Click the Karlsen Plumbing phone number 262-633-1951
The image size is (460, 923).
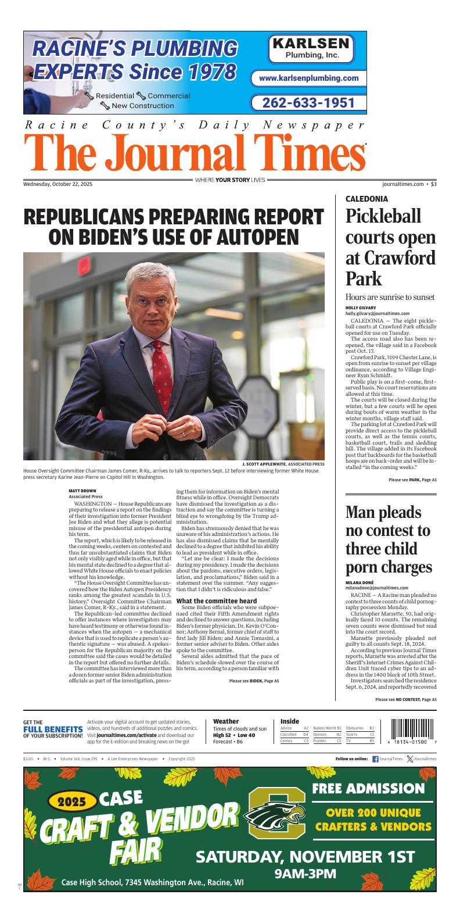pos(308,103)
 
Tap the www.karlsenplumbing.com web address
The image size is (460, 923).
pos(308,78)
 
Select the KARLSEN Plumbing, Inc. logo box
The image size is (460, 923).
pos(311,48)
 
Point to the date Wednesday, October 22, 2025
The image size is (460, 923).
pos(57,184)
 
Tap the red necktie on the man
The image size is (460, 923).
pos(161,372)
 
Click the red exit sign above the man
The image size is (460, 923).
pos(86,263)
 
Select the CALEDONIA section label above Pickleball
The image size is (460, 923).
pos(367,199)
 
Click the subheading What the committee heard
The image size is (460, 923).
pos(216,600)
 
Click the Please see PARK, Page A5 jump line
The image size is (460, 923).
pos(412,480)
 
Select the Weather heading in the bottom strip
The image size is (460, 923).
pos(226,721)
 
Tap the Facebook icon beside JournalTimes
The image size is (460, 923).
pos(375,759)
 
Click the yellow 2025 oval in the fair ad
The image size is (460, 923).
pos(73,803)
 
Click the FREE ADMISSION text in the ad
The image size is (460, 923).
pos(368,789)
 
